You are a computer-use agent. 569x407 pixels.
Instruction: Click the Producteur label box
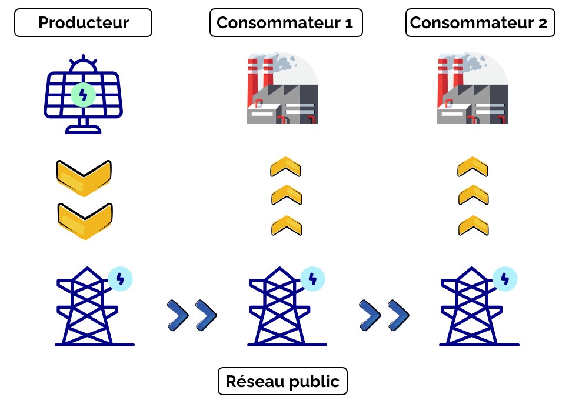click(83, 23)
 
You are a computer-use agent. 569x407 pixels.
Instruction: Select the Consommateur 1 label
click(285, 23)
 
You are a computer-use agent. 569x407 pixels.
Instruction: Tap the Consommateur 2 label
click(479, 23)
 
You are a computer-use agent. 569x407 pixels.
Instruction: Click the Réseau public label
click(282, 381)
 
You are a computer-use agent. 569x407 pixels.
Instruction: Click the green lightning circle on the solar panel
click(83, 94)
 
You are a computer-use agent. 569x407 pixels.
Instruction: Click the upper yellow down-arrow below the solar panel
click(84, 176)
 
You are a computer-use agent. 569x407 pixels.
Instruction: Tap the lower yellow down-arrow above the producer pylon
click(85, 219)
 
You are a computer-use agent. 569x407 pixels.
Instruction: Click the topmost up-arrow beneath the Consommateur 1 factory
click(286, 167)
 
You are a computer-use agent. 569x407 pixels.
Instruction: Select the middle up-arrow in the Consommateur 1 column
click(286, 195)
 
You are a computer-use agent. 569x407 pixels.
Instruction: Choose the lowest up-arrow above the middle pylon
click(286, 225)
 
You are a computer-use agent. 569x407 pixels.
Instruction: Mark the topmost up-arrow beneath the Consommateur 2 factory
click(472, 167)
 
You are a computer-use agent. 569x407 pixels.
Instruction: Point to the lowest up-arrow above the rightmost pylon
click(472, 225)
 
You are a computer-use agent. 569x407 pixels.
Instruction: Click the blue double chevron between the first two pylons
click(192, 315)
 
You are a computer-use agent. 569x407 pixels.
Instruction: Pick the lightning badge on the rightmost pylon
click(504, 278)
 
